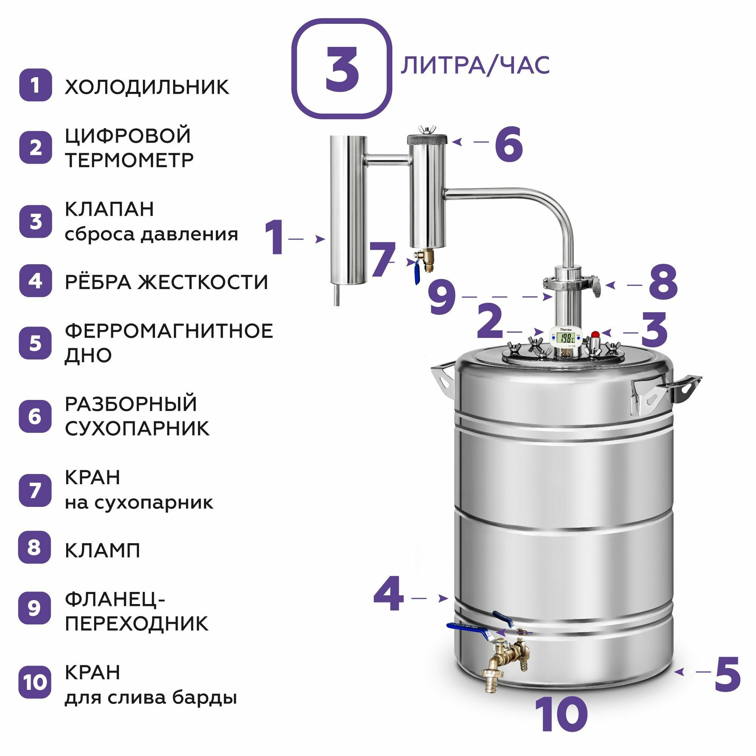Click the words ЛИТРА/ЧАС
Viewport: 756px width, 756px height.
coord(475,65)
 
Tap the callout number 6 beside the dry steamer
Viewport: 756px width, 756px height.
coord(509,144)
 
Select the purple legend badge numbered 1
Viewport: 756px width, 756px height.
coord(35,85)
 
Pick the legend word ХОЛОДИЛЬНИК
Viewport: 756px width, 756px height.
coord(147,87)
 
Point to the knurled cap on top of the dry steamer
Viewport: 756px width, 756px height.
coord(427,139)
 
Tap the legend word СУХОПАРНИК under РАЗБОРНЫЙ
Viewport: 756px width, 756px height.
coord(137,429)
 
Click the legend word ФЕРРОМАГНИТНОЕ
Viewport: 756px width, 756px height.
coord(169,331)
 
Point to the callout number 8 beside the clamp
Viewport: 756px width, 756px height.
coord(663,282)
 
